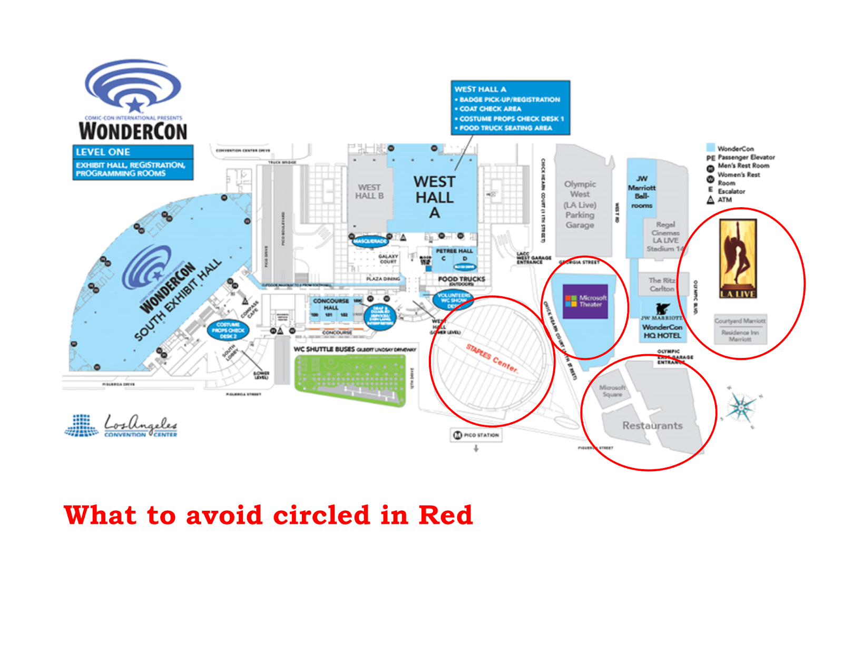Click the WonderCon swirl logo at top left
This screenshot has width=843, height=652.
[x=133, y=85]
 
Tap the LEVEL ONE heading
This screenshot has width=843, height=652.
[x=103, y=152]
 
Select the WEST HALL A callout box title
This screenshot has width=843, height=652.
[x=480, y=89]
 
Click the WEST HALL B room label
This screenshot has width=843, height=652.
[x=369, y=191]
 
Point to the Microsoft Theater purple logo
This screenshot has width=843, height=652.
[x=585, y=301]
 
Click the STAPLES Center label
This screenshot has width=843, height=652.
[x=492, y=358]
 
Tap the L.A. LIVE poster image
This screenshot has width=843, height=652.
[x=738, y=258]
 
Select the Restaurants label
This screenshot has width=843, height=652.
[x=652, y=425]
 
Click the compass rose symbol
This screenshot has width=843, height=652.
[x=741, y=407]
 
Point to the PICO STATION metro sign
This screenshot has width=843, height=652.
[x=476, y=435]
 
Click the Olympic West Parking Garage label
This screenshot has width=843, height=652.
[x=580, y=205]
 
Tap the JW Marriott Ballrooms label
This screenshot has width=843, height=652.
[x=642, y=192]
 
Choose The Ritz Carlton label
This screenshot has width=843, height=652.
[x=662, y=285]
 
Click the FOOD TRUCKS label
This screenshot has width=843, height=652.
[x=462, y=279]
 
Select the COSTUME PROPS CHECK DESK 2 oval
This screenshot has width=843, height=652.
[x=228, y=330]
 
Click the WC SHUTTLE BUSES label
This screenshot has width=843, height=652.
[x=324, y=349]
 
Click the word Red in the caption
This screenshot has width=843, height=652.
[x=445, y=515]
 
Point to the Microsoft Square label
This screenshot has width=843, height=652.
[x=612, y=391]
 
